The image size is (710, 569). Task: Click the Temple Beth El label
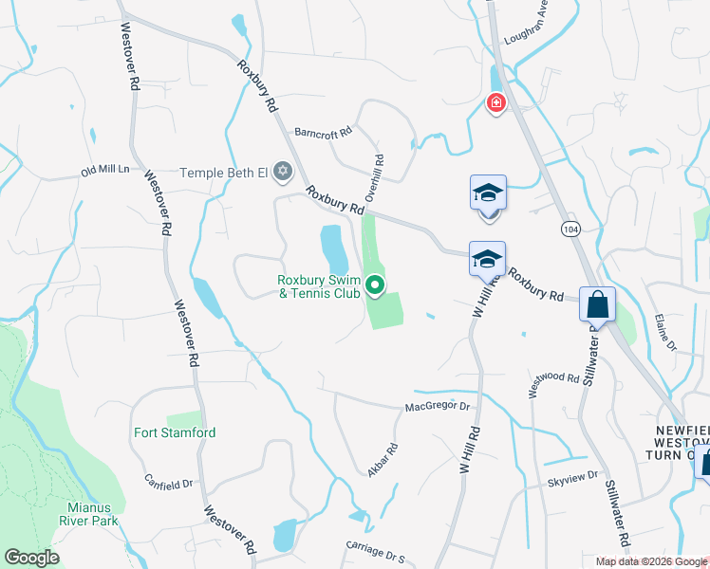[225, 173]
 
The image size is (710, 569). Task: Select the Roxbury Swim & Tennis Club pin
[375, 284]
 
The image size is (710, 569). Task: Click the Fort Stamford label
[175, 432]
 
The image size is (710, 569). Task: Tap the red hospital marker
[495, 102]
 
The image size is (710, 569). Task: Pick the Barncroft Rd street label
[323, 131]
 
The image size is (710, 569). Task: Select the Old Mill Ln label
[104, 171]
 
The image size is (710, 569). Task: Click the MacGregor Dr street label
[438, 407]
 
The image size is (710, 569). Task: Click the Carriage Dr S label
[374, 553]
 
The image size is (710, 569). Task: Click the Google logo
[32, 558]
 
